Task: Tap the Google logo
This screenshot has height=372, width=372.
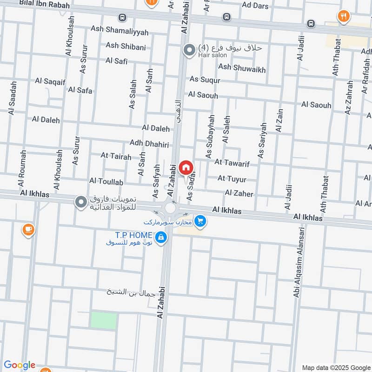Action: pyautogui.click(x=20, y=365)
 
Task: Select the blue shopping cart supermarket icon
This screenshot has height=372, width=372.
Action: pyautogui.click(x=200, y=221)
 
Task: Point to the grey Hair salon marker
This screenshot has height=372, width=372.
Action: pyautogui.click(x=189, y=50)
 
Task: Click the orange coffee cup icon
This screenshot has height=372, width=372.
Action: pyautogui.click(x=28, y=229)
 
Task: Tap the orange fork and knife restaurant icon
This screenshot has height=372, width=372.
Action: pyautogui.click(x=343, y=17)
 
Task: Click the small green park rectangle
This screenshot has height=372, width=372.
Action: pyautogui.click(x=103, y=321)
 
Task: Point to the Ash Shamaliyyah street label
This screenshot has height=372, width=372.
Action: pyautogui.click(x=120, y=30)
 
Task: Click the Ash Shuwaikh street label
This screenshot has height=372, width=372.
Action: pyautogui.click(x=242, y=69)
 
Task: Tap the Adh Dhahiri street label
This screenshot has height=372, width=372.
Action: pyautogui.click(x=149, y=144)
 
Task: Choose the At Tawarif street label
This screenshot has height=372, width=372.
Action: pyautogui.click(x=232, y=163)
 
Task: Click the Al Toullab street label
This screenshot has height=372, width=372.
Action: pyautogui.click(x=106, y=181)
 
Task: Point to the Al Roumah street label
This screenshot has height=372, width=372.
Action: pyautogui.click(x=21, y=165)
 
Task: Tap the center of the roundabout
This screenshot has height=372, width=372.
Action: pyautogui.click(x=170, y=208)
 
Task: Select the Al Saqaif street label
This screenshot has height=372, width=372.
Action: pyautogui.click(x=51, y=81)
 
